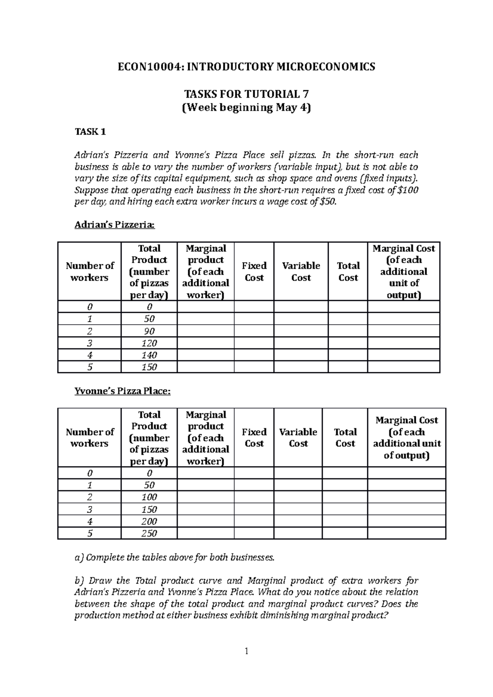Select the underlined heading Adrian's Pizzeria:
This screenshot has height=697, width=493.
[115, 225]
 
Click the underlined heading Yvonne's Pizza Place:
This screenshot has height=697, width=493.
[122, 391]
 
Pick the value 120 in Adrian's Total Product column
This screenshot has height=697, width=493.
[149, 343]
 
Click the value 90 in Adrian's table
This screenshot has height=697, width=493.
[149, 331]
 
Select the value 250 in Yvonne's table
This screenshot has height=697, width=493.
[149, 533]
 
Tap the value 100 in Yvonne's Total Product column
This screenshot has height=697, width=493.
[149, 497]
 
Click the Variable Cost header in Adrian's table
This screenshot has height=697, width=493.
[301, 271]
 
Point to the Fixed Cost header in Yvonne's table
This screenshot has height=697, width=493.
[254, 438]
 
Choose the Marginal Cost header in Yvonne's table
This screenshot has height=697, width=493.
[406, 438]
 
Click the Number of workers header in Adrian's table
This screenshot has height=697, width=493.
[90, 271]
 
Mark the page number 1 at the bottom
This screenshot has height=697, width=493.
[246, 651]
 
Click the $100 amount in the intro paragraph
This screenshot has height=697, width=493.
[408, 190]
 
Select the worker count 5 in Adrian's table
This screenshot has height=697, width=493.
[90, 367]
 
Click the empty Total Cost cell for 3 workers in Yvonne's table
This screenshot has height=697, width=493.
[345, 509]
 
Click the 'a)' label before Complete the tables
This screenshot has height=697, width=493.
[78, 557]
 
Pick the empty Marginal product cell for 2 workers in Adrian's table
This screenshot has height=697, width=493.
[205, 331]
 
